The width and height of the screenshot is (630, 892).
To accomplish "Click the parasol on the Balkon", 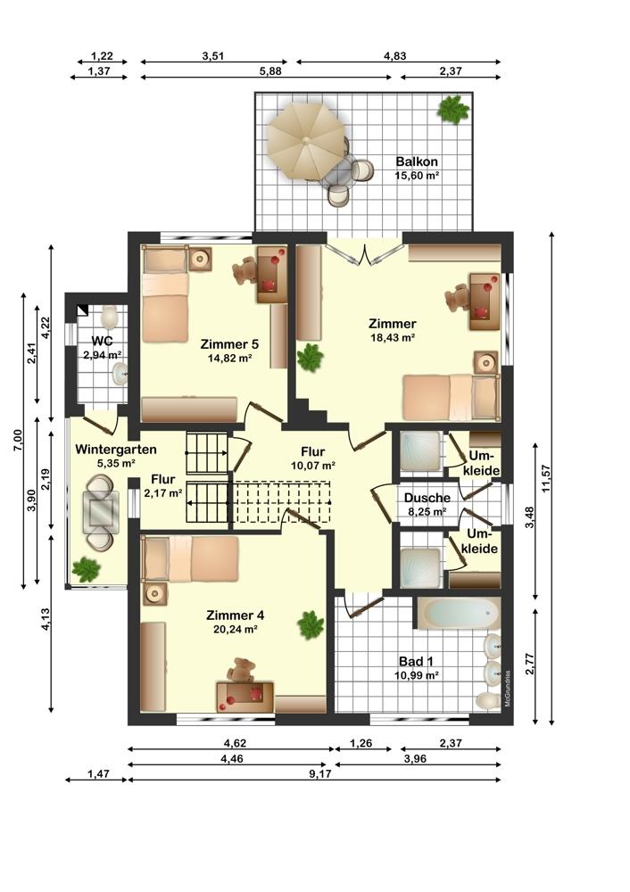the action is pyautogui.click(x=305, y=141).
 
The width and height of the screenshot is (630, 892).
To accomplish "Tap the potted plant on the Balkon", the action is pyautogui.click(x=453, y=109).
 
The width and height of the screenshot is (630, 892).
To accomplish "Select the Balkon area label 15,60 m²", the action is pyautogui.click(x=417, y=176).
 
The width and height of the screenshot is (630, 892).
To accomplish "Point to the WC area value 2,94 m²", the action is pyautogui.click(x=103, y=356).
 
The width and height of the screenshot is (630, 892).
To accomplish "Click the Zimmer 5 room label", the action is pyautogui.click(x=229, y=344).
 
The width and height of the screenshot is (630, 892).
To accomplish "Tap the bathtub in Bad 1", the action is pyautogui.click(x=460, y=613).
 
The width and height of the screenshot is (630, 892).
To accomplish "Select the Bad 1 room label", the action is pyautogui.click(x=416, y=661).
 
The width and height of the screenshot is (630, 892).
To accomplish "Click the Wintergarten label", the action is pyautogui.click(x=115, y=449).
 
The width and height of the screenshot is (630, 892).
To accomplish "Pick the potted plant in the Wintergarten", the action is pyautogui.click(x=86, y=568).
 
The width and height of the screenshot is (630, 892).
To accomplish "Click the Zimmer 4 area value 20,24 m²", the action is pyautogui.click(x=235, y=629).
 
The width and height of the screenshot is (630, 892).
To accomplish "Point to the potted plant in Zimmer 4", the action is pyautogui.click(x=311, y=624).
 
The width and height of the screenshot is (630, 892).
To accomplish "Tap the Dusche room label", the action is pyautogui.click(x=427, y=498).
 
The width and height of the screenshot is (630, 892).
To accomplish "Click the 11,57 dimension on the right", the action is pyautogui.click(x=547, y=478).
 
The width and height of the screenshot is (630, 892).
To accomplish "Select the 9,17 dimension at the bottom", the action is pyautogui.click(x=319, y=773).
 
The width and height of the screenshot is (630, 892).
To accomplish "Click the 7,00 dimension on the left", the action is pyautogui.click(x=18, y=441).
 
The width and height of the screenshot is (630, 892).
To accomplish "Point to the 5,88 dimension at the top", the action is pyautogui.click(x=270, y=71).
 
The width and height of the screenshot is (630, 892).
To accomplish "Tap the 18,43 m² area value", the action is pyautogui.click(x=392, y=337).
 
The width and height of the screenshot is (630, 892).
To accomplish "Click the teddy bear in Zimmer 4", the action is pyautogui.click(x=241, y=670).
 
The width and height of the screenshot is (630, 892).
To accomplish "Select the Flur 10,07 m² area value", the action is pyautogui.click(x=312, y=466).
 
